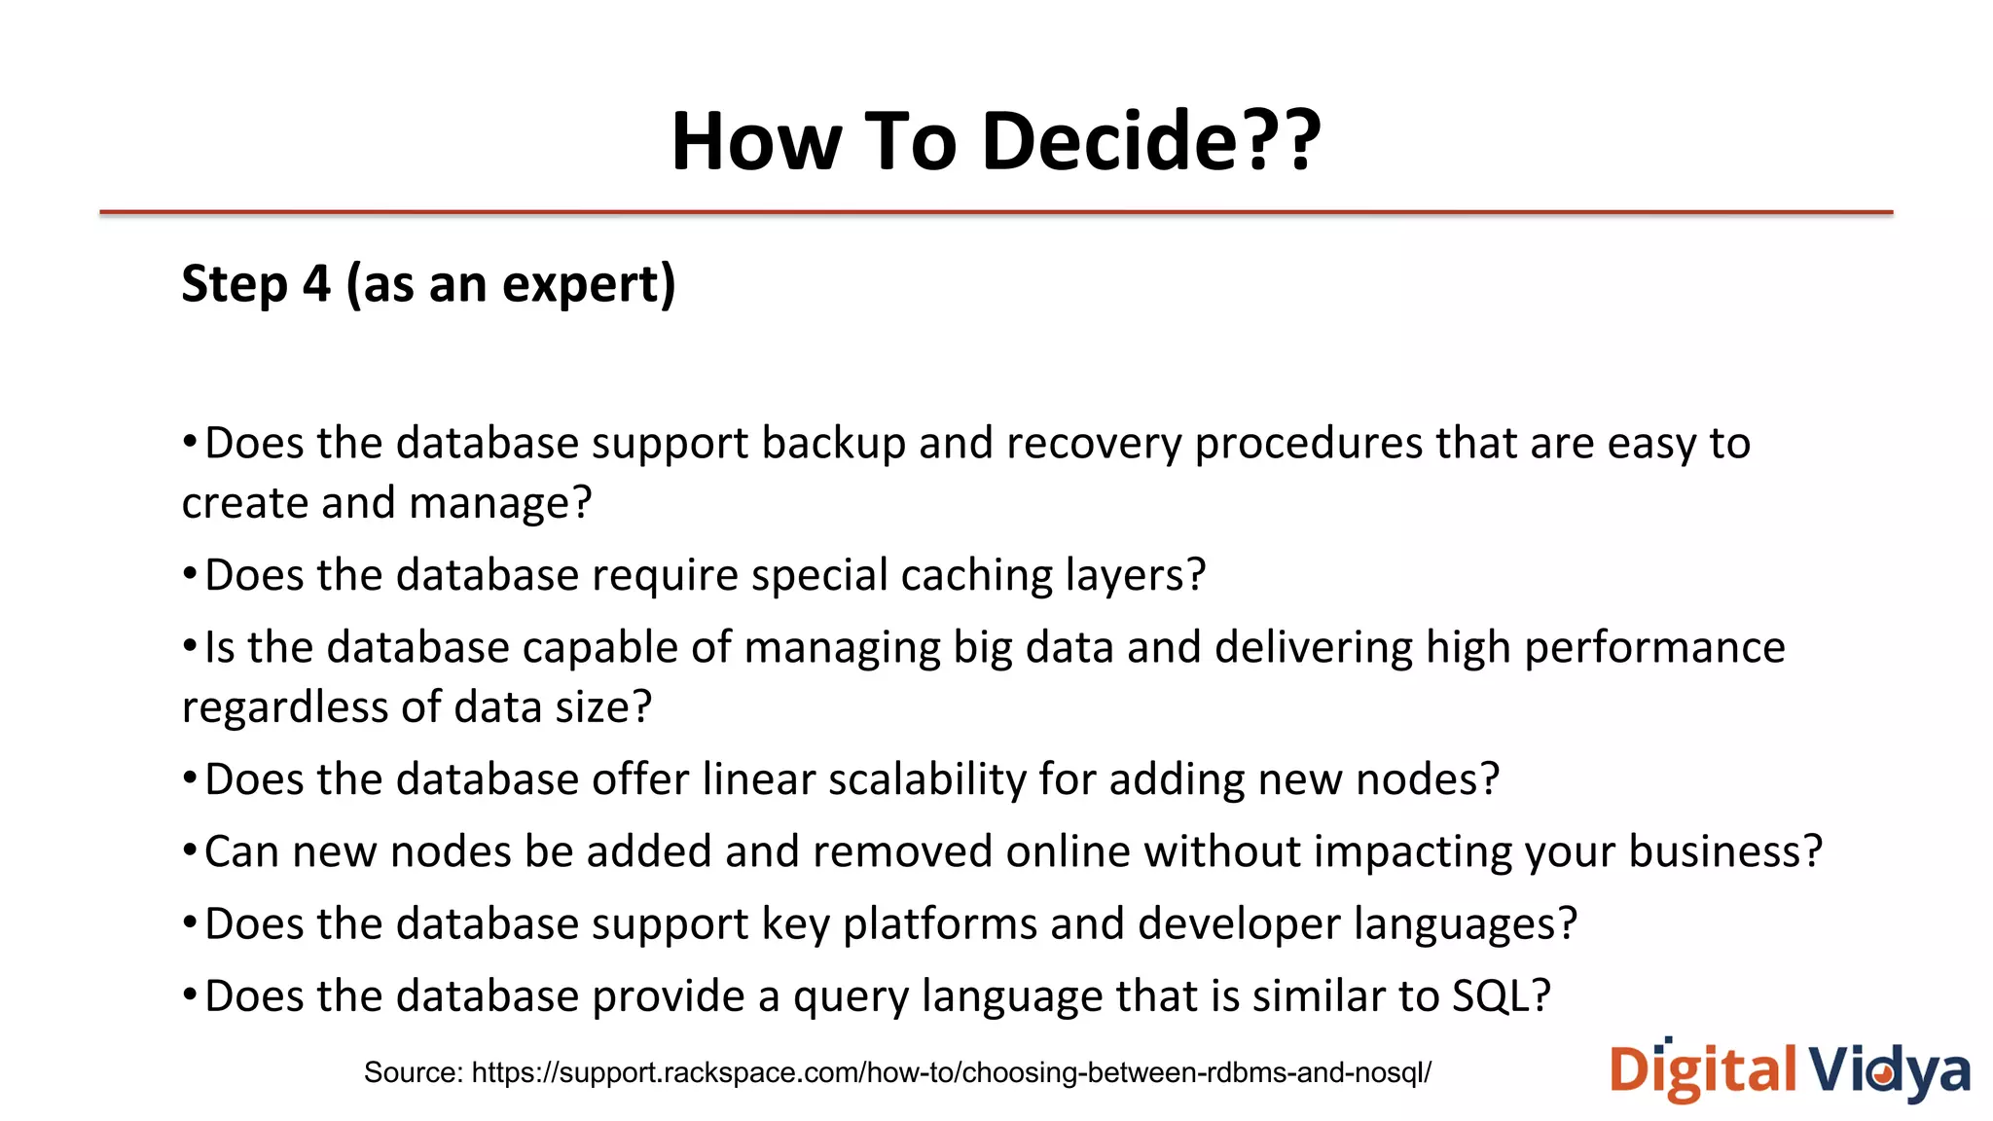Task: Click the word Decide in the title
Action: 1109,141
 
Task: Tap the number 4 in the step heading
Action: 316,284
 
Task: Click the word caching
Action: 976,575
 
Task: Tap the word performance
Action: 1653,648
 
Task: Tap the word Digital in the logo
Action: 1702,1070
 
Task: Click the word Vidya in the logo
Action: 1889,1070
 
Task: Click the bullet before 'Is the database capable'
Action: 190,647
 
